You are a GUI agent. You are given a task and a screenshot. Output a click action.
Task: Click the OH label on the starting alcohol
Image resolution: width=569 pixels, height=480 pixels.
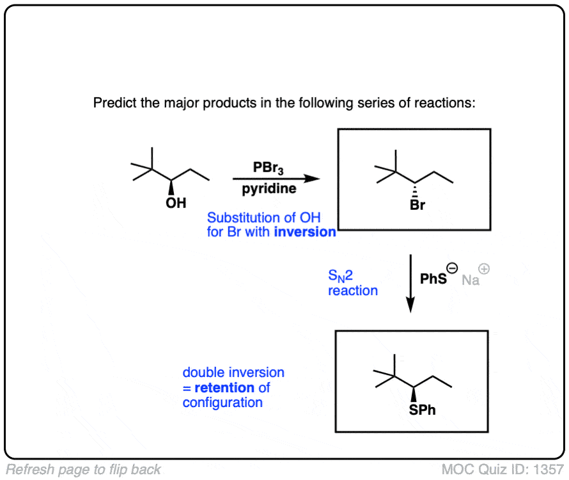(x=176, y=203)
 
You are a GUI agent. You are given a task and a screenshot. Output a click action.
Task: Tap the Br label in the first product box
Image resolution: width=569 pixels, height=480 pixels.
(x=417, y=206)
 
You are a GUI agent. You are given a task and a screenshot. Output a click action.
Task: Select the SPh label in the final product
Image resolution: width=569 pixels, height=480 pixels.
(x=422, y=410)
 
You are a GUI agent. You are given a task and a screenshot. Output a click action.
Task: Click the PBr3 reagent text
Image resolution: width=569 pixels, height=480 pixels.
(x=269, y=168)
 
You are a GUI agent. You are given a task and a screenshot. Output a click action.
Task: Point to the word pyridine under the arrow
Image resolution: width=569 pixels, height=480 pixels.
(x=269, y=189)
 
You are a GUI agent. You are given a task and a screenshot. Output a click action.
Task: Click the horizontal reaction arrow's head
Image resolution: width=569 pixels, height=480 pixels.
(x=311, y=179)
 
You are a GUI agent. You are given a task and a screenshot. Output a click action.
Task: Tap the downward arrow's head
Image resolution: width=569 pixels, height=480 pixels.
(x=410, y=306)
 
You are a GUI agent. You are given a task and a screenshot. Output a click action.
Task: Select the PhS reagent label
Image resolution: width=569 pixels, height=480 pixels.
(x=433, y=280)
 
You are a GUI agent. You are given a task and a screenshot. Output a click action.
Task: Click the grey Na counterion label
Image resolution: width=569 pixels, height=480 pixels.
(x=471, y=280)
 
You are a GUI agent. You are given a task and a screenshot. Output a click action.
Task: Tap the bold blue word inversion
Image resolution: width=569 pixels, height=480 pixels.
(x=305, y=232)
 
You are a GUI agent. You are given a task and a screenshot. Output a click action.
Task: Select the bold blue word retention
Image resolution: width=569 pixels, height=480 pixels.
(x=223, y=387)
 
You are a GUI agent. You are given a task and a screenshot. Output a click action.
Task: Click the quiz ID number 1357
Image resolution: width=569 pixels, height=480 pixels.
(x=549, y=469)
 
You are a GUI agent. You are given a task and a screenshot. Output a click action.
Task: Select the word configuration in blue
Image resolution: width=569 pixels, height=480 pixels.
(x=222, y=403)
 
